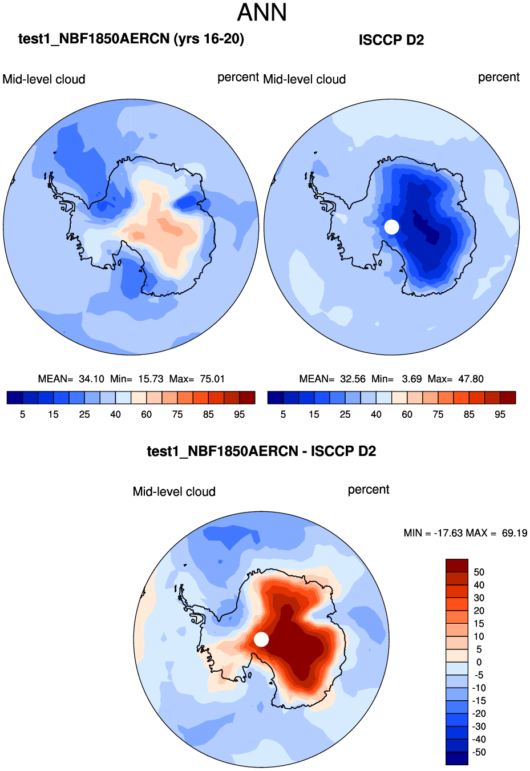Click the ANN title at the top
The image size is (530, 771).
(262, 13)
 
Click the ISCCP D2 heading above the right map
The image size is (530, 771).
(391, 40)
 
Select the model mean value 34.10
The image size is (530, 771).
(91, 379)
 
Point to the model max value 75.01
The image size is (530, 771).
(212, 379)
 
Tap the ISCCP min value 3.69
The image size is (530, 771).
(412, 379)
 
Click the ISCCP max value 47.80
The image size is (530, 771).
(471, 379)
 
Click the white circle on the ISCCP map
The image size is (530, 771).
(391, 227)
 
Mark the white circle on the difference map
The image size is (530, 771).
(261, 639)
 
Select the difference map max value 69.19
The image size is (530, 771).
(515, 533)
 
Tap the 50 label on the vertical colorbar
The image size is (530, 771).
(479, 572)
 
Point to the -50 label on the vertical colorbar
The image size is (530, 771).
(479, 752)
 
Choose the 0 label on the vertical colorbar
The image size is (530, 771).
(479, 663)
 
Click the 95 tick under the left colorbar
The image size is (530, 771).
(240, 415)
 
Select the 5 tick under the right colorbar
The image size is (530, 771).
(283, 415)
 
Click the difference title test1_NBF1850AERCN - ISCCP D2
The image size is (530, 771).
(261, 451)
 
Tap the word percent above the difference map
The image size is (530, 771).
(369, 490)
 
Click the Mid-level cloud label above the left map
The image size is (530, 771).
(44, 79)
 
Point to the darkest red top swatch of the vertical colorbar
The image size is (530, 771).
(456, 566)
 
